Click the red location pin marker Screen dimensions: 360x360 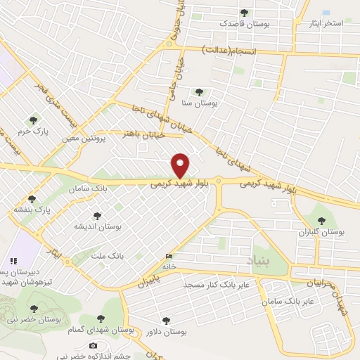click(x=181, y=166)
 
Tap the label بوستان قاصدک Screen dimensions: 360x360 click(x=245, y=24)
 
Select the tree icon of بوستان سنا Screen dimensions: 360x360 click(x=199, y=91)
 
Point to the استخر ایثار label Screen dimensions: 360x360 click(x=325, y=23)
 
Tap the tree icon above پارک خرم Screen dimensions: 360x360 click(x=32, y=120)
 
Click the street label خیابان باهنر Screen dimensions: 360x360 click(x=143, y=133)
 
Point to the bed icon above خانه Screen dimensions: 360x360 click(x=168, y=257)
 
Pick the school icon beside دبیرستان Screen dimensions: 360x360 click(x=13, y=261)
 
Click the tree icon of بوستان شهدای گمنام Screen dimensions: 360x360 click(x=101, y=319)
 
